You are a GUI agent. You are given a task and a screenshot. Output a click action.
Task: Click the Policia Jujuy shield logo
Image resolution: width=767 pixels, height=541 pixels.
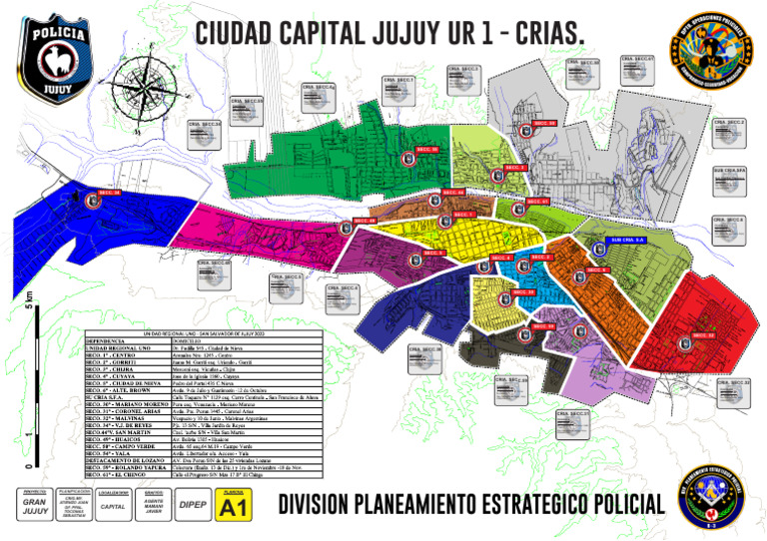pos(55,59)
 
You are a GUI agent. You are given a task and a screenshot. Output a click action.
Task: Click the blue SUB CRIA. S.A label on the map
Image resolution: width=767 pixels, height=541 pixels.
pos(628,241)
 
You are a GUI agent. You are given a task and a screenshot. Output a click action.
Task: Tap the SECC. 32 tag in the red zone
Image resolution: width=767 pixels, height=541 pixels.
pos(703,336)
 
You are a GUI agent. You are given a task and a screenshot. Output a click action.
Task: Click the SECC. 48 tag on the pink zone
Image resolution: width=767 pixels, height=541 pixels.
pos(366,221)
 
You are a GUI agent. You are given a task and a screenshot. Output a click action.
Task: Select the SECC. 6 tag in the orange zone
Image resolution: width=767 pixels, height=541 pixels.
pos(598,270)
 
